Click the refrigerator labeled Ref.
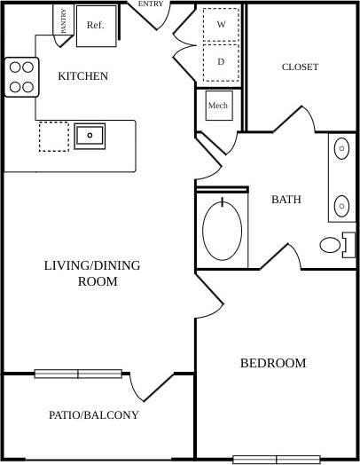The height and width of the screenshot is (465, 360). pos(95,25)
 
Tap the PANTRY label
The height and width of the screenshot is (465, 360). pos(64,21)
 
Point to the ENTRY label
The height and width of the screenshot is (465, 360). pos(150,4)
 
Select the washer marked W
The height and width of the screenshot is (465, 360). pos(220,24)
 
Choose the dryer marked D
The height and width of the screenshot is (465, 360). pos(220,61)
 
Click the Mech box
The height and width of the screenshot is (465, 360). pos(217,106)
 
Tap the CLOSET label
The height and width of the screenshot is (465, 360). pos(300,67)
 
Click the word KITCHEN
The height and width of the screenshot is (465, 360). pos(82,76)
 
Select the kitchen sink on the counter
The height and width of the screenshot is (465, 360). pos(90,136)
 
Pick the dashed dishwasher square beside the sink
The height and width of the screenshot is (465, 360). pos(53,137)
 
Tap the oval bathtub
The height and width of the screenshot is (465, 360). pos(223,231)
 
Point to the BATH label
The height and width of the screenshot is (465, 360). pos(286,200)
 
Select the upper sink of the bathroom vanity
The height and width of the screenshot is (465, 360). pos(342,150)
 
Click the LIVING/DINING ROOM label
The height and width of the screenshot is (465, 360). pos(91,273)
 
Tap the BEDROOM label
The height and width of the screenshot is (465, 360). pos(273,363)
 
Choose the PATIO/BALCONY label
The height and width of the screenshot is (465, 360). pos(93,414)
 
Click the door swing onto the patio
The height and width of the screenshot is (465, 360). pos(146,388)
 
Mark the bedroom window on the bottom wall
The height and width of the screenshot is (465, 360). pos(276,460)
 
